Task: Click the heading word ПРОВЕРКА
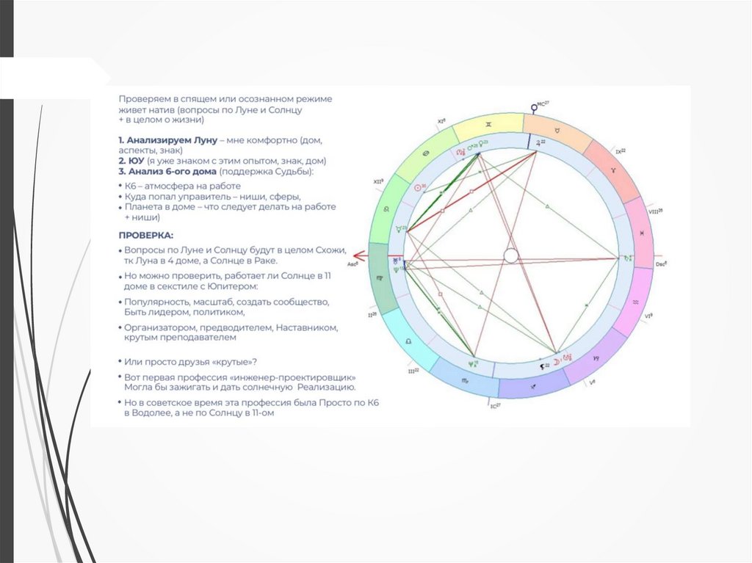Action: [146, 236]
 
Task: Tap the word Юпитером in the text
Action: [234, 286]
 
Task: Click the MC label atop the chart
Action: [542, 104]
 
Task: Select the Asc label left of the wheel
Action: [353, 262]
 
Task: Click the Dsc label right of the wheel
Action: [661, 264]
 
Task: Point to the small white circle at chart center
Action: [511, 255]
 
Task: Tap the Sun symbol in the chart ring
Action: [421, 188]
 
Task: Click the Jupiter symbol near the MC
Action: [541, 142]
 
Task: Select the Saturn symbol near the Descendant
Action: [626, 258]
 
